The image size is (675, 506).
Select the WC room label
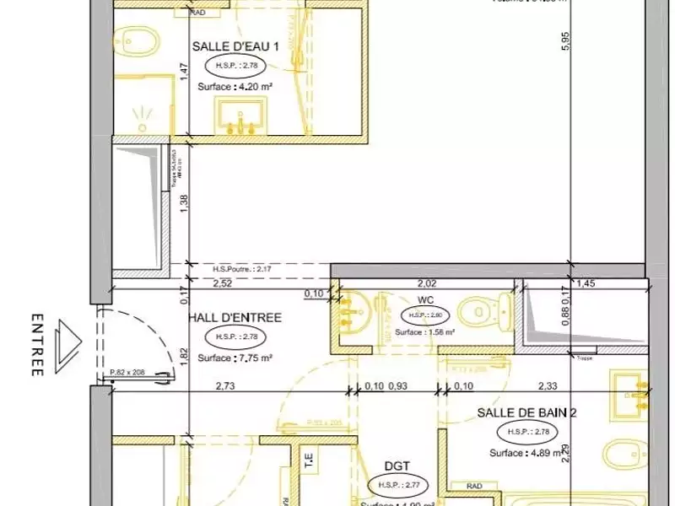coord(424,299)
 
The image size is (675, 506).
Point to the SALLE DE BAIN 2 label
coord(526,413)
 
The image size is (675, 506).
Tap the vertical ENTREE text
coord(37,346)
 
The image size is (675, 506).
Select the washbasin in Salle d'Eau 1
coord(240,115)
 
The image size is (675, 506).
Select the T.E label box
coord(308,457)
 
